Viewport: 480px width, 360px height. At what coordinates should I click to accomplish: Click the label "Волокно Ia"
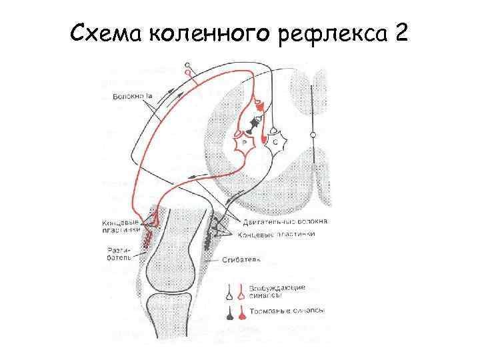click(x=131, y=98)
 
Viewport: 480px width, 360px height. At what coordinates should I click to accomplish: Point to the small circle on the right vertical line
click(x=313, y=135)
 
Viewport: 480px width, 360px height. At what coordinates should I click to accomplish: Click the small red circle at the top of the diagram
click(x=188, y=72)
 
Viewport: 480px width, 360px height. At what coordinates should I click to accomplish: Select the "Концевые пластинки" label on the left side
click(x=121, y=225)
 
